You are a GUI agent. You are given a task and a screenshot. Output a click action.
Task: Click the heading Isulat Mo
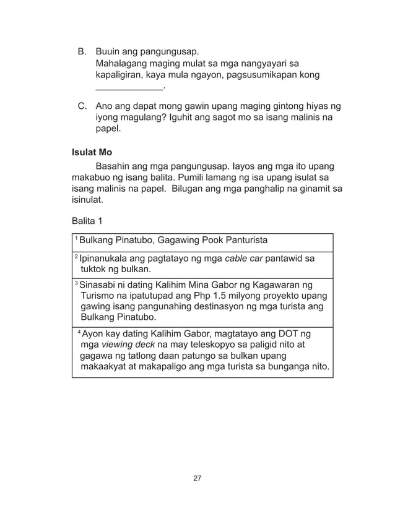coord(92,152)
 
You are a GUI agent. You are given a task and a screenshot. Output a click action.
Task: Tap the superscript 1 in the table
coord(75,239)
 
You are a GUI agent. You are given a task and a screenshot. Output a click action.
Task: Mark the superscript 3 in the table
coord(75,283)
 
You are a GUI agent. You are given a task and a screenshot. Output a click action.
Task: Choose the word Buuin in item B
coord(109,51)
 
